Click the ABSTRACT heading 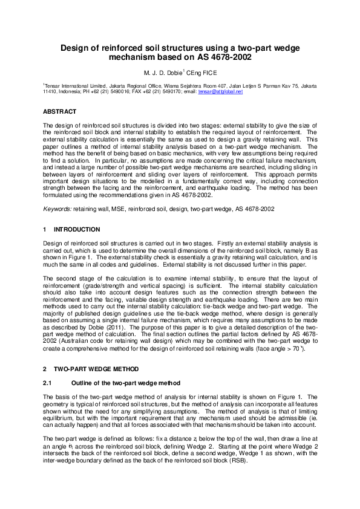[x=59, y=112]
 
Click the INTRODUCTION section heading [x=77, y=230]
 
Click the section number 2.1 [x=48, y=383]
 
